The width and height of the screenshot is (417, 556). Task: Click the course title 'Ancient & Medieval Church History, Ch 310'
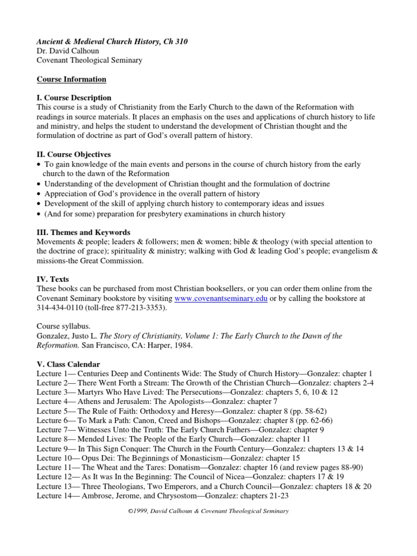pyautogui.click(x=112, y=41)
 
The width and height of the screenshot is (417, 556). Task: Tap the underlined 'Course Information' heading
pyautogui.click(x=71, y=79)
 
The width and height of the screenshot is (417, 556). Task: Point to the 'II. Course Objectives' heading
pyautogui.click(x=73, y=155)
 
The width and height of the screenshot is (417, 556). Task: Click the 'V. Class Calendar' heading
pyautogui.click(x=68, y=364)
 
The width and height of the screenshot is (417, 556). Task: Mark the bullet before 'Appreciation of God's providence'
pyautogui.click(x=40, y=194)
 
